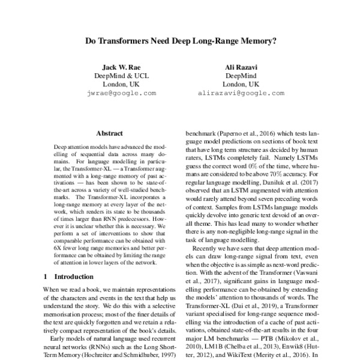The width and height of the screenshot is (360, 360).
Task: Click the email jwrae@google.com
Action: tap(121, 94)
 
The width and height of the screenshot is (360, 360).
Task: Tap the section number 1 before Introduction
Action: tap(47, 277)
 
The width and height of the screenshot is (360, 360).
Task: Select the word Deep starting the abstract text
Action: tap(61, 146)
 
